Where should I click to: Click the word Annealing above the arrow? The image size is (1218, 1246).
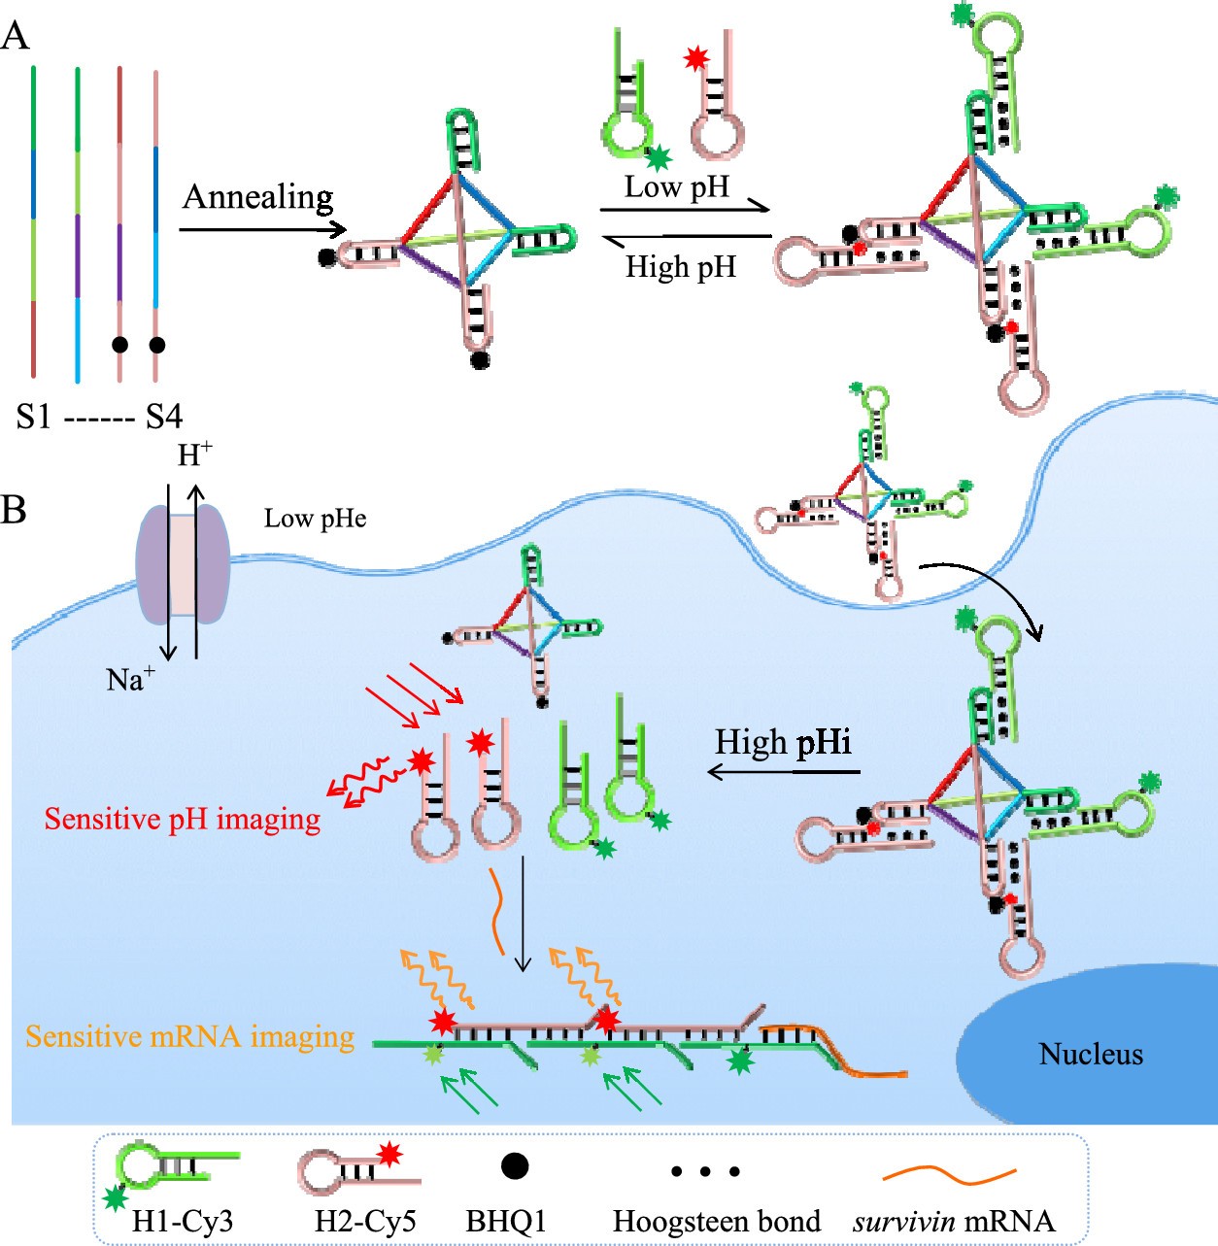coord(257,197)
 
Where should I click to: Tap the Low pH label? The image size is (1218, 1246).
coord(676,186)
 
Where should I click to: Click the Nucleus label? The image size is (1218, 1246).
coord(1091,1054)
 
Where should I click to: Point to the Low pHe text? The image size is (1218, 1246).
coord(315,519)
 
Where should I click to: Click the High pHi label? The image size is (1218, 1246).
coord(783,743)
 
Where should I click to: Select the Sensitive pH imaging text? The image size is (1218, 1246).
coord(183,819)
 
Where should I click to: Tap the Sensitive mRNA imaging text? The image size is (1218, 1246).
coord(190,1036)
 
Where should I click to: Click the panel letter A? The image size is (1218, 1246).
coord(15,36)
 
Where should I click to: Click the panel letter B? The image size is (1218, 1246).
coord(14,508)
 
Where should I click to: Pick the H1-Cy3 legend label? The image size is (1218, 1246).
coord(183,1221)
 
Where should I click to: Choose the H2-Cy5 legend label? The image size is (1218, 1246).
coord(365,1221)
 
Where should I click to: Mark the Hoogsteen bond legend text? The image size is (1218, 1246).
coord(717,1221)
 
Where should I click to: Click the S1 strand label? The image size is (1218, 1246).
coord(33,418)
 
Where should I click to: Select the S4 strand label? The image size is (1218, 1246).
coord(164,418)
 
